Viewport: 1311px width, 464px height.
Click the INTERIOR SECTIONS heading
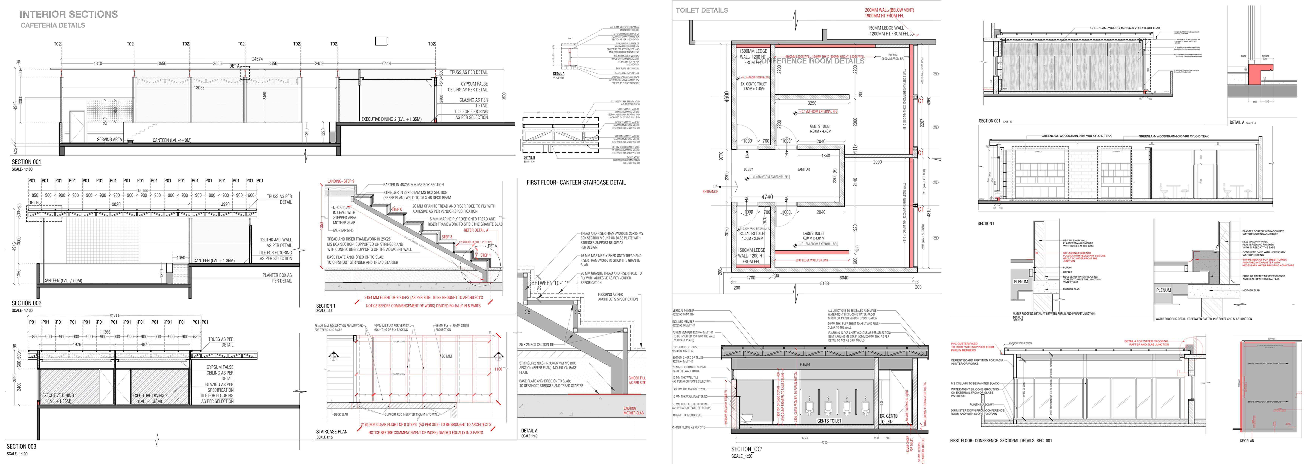point(69,14)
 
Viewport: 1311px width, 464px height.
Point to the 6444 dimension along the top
point(386,64)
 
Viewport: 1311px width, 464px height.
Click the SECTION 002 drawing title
point(27,303)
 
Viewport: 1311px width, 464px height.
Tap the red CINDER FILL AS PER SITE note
point(637,380)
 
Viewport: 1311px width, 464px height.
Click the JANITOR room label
point(803,169)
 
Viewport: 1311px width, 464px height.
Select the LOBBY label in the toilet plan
point(748,169)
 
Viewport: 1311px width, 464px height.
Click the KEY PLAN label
point(1247,441)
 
